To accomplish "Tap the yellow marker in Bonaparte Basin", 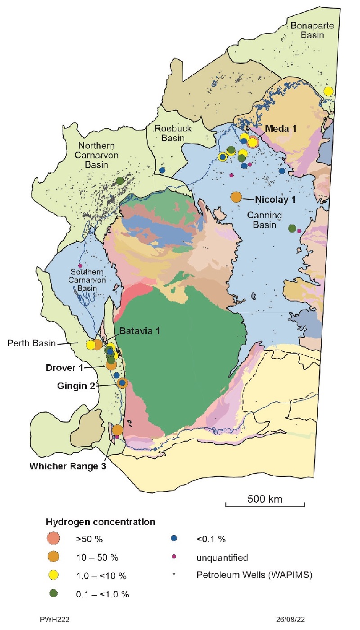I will [328, 91].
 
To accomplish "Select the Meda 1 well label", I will [280, 129].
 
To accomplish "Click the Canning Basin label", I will [264, 220].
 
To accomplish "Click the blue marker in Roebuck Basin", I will [162, 170].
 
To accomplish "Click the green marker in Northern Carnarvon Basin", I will [120, 180].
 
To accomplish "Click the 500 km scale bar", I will [265, 505].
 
